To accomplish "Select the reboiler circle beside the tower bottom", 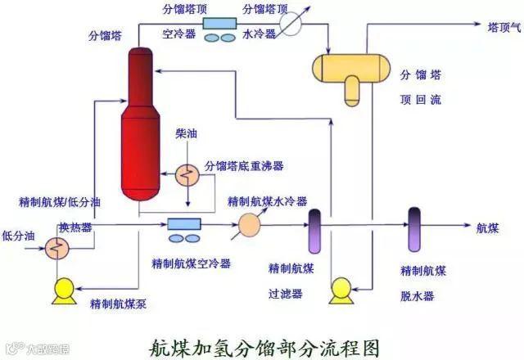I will click(x=187, y=173).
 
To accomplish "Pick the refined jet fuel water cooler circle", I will click(x=249, y=223).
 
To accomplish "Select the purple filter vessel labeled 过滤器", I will click(x=314, y=231).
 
